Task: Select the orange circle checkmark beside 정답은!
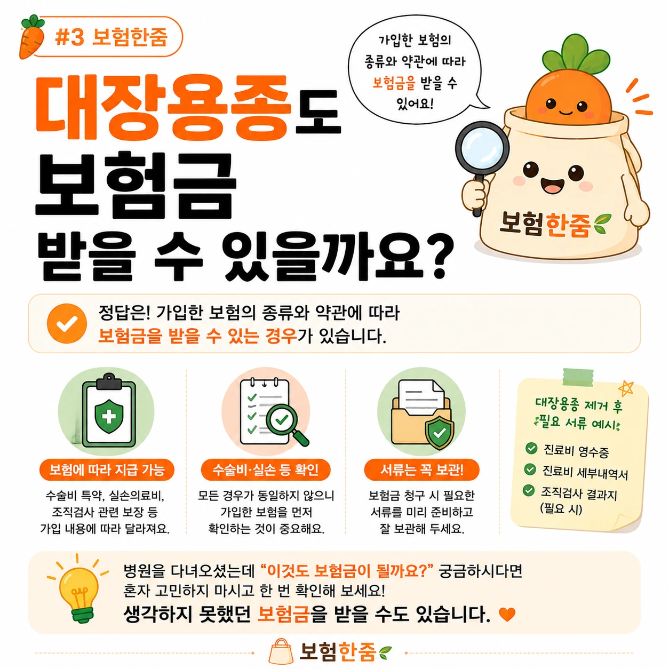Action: coord(67,323)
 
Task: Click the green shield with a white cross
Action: coord(109,416)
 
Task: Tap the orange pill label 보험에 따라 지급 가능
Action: coord(107,470)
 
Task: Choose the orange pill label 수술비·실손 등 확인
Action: coord(266,470)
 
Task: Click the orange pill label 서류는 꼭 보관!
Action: coord(421,470)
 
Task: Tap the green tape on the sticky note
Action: coord(578,377)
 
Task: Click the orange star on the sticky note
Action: coord(625,388)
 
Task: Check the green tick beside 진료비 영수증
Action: coord(531,448)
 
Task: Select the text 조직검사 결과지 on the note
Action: coord(579,493)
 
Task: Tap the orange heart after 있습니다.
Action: coord(507,615)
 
